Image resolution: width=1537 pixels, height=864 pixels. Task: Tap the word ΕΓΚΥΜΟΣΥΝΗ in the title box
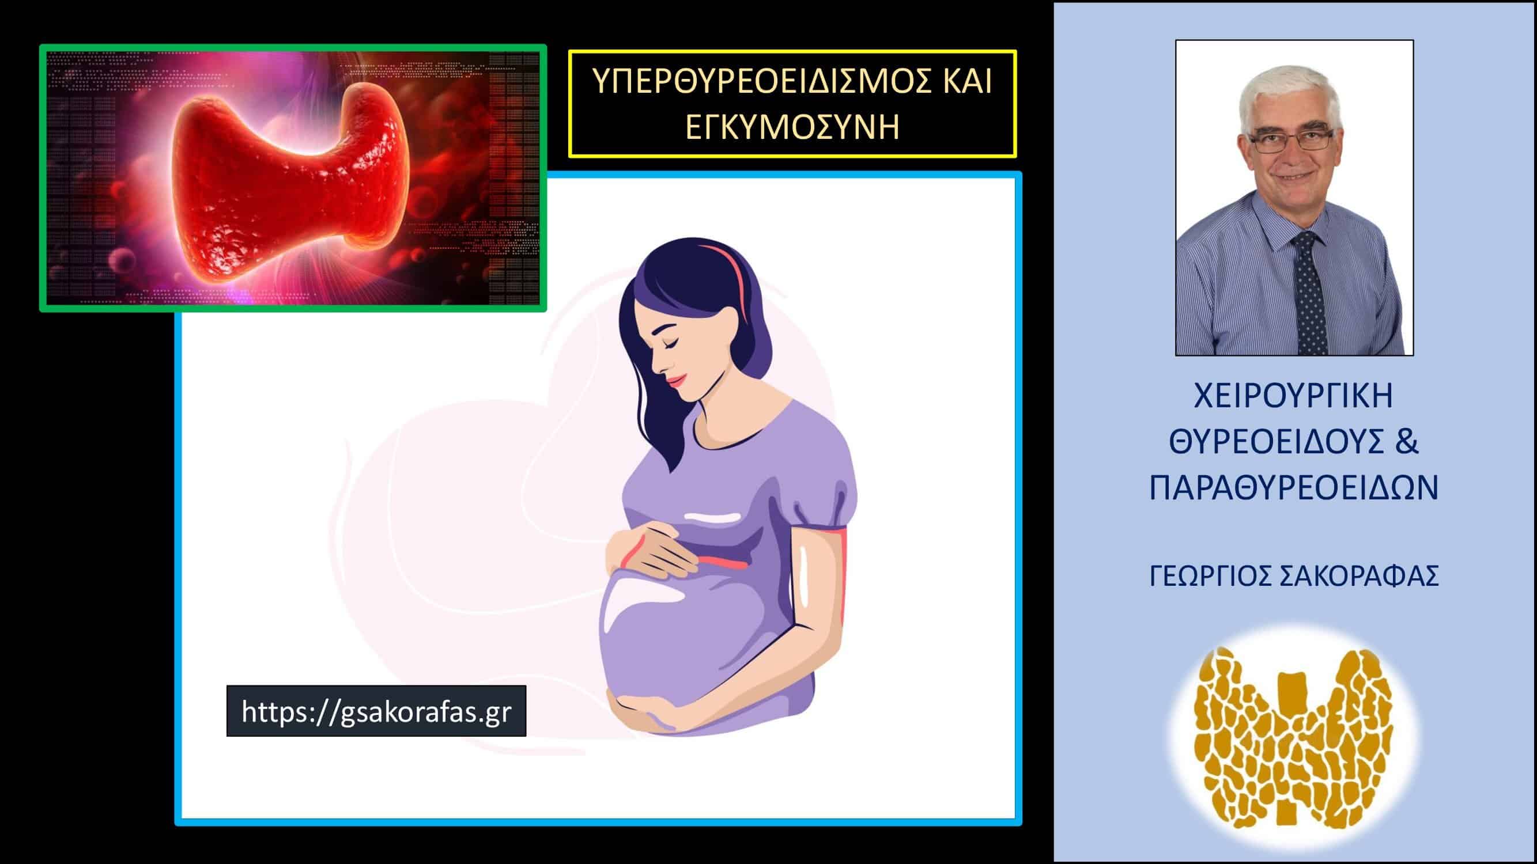point(792,127)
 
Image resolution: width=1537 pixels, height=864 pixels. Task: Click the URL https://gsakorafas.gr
point(376,711)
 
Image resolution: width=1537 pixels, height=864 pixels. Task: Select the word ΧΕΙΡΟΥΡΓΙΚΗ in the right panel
point(1294,396)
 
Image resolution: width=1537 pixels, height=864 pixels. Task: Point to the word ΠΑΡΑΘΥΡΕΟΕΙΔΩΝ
point(1294,488)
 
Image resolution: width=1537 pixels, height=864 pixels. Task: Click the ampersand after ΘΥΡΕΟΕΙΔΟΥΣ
point(1407,442)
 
